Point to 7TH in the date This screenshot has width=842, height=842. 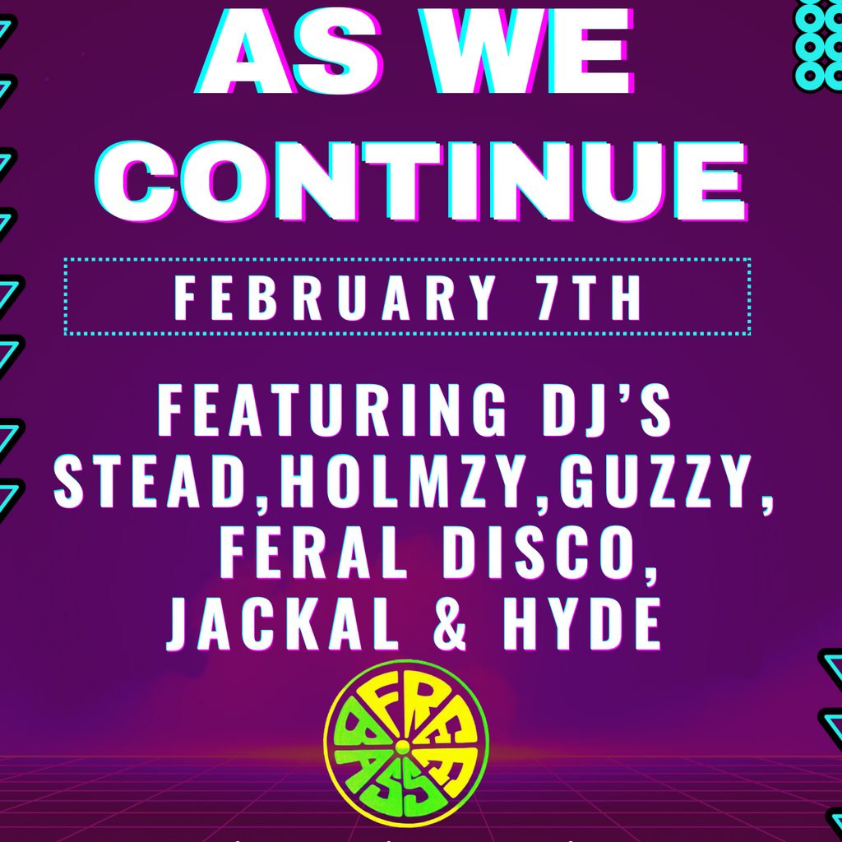[589, 297]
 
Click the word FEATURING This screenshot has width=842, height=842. [331, 410]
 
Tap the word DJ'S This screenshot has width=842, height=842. [607, 410]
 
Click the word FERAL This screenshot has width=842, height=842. [315, 553]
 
